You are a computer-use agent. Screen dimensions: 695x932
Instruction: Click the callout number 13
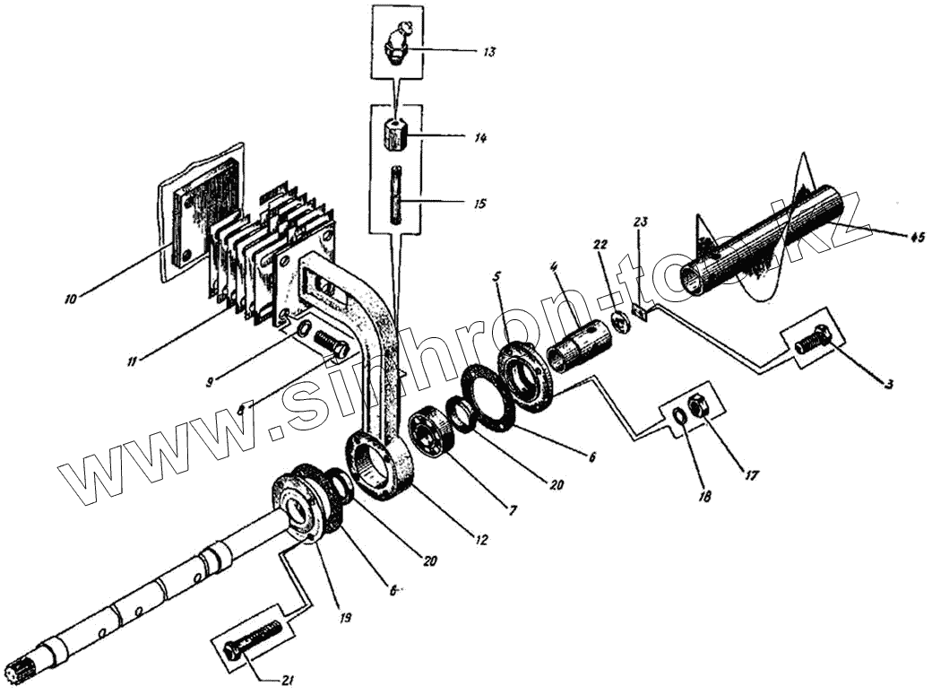coord(488,53)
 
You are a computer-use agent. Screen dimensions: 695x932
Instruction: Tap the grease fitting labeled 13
coord(398,43)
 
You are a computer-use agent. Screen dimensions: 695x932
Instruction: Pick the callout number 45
coord(917,238)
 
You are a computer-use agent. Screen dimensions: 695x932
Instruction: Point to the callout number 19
coord(346,618)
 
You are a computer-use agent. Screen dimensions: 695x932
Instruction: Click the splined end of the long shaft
coord(20,669)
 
